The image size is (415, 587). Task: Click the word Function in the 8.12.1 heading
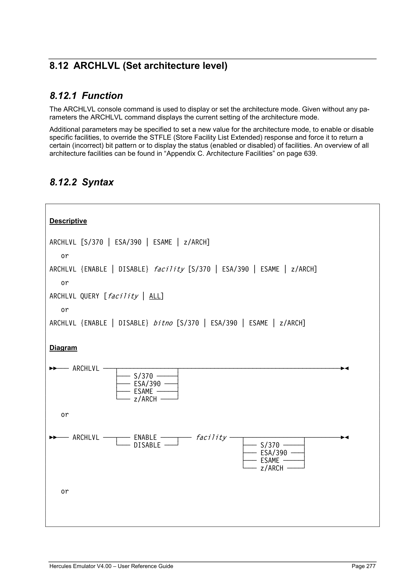pos(102,96)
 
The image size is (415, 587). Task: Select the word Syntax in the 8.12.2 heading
pos(98,182)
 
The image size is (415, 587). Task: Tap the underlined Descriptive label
pos(68,221)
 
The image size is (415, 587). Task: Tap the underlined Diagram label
pos(63,348)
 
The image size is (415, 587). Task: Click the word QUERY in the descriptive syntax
pos(90,296)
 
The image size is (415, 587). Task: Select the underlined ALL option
pos(155,296)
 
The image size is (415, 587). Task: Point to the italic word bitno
pos(163,323)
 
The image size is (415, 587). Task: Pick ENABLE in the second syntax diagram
pos(145,437)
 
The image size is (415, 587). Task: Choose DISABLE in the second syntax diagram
pos(147,445)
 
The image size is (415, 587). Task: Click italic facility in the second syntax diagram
pos(211,437)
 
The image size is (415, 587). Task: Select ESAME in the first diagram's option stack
pos(143,391)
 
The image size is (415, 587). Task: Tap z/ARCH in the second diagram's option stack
pos(272,468)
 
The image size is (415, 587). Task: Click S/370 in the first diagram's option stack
pos(143,376)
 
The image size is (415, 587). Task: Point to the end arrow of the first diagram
pos(345,368)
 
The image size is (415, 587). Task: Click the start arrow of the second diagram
pos(53,437)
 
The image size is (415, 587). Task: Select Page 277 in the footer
pos(363,566)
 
